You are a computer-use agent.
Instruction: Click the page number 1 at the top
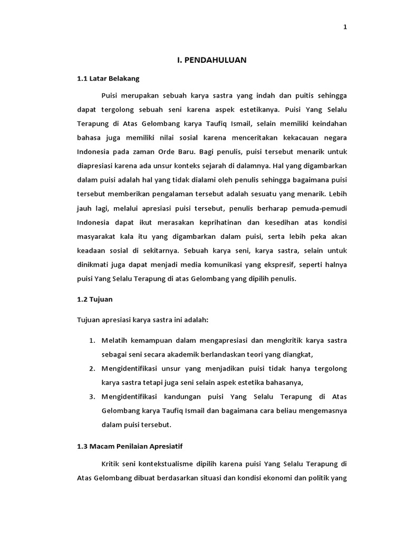tap(345, 28)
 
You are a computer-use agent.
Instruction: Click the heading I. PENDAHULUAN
tap(211, 60)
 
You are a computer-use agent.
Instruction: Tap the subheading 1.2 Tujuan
tap(95, 299)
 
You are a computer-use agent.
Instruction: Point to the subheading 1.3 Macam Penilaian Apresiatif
tap(130, 446)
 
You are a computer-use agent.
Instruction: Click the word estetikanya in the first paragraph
tap(256, 111)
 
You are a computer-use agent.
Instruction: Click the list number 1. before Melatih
tap(92, 340)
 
